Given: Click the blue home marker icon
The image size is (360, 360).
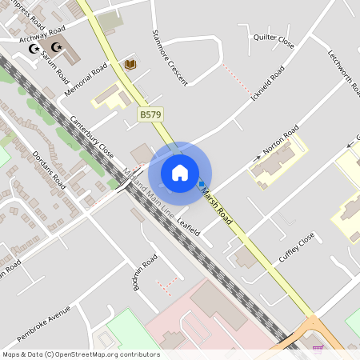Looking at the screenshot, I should click(x=180, y=172).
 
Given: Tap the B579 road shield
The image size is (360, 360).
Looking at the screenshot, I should click(x=149, y=116).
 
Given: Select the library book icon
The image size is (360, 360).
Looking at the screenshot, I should click(x=130, y=63).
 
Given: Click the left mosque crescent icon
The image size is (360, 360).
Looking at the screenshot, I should click(x=34, y=49).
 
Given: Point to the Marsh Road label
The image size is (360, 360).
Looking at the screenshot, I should click(x=218, y=204).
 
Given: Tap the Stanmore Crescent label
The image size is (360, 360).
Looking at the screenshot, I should click(x=170, y=58).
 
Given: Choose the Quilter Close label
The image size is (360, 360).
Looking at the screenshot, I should click(x=274, y=42).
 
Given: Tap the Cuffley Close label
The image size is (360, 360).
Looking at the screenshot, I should click(x=297, y=250).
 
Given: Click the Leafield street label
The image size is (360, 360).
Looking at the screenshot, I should click(x=187, y=220).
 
